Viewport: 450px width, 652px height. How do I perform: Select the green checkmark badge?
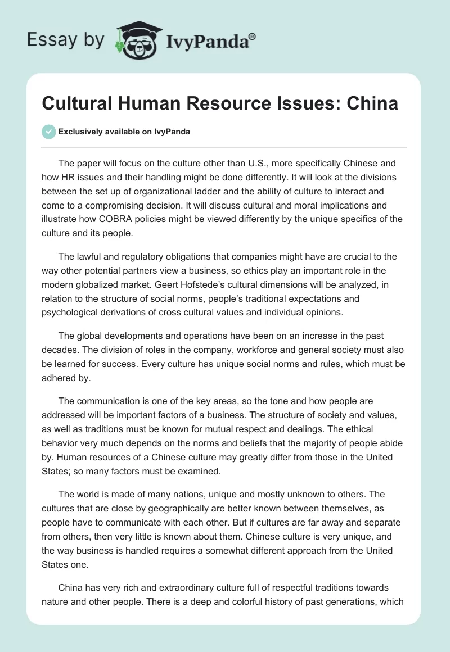click(x=48, y=132)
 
